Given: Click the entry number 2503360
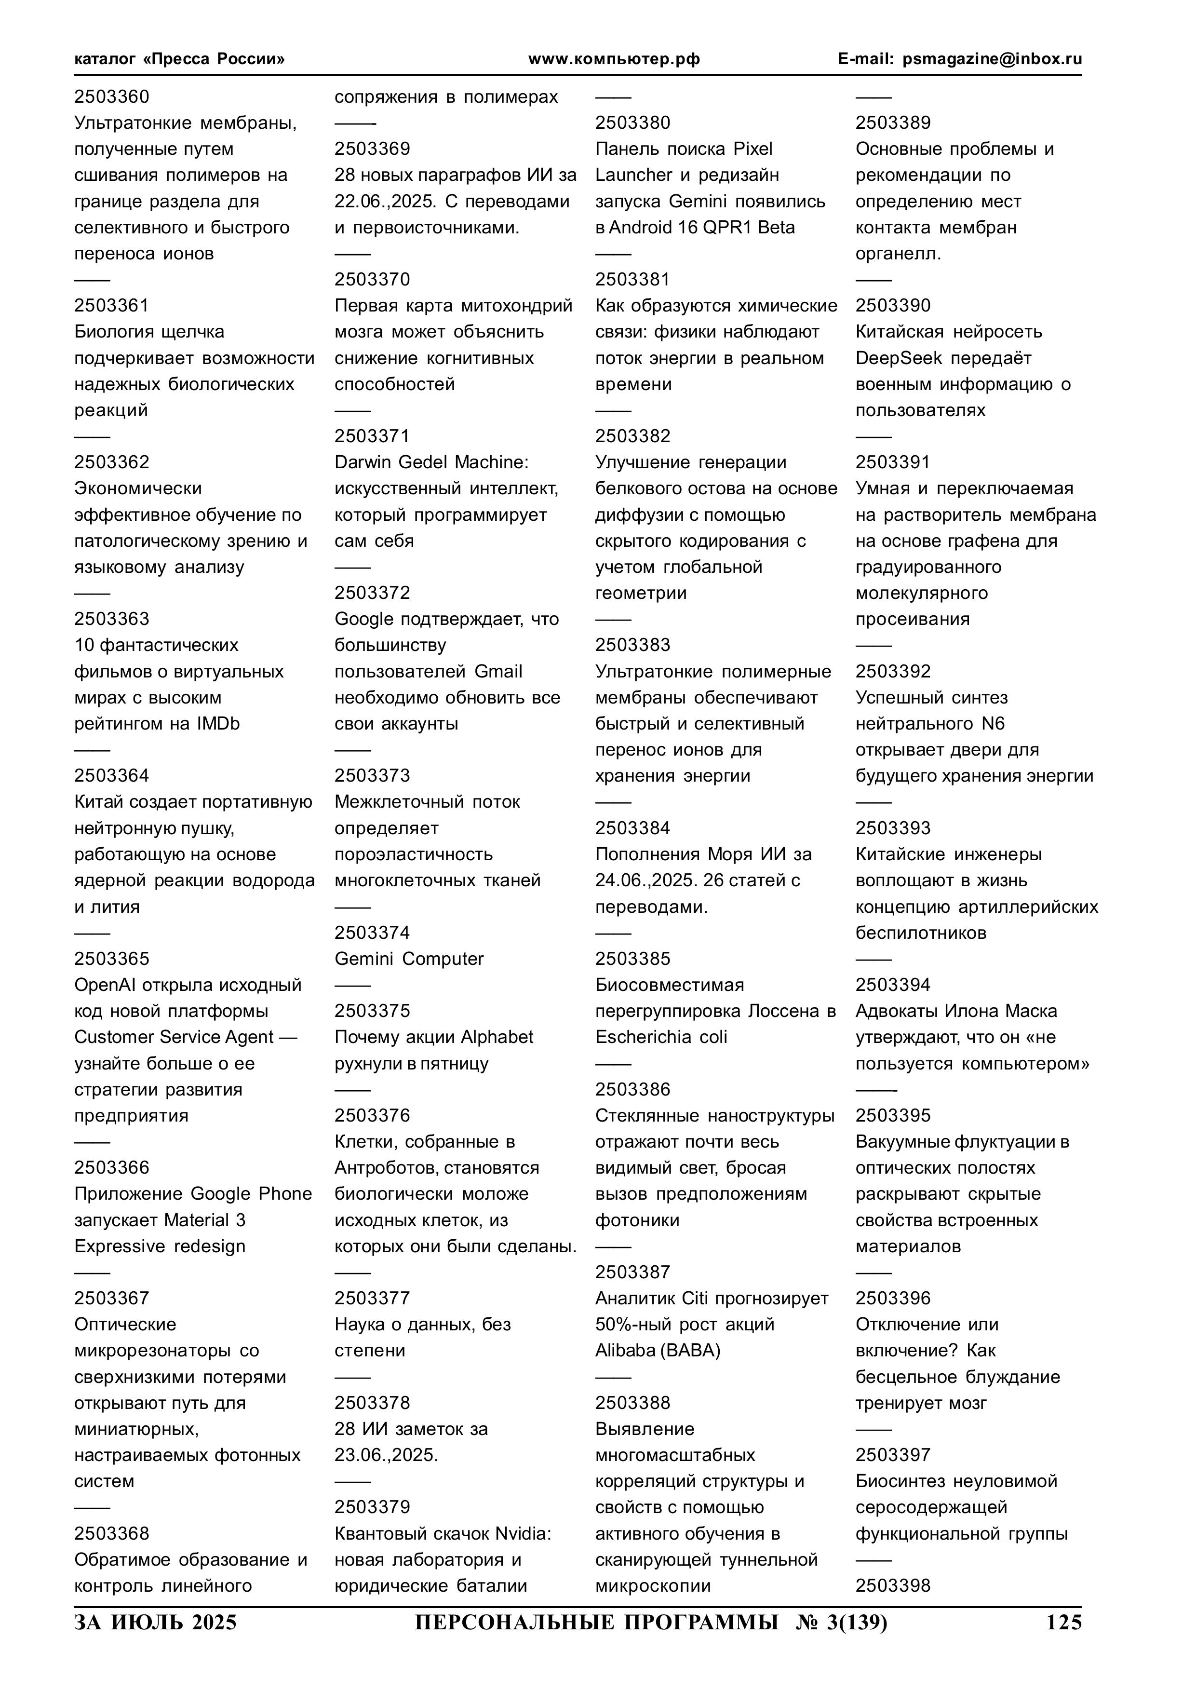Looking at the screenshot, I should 111,96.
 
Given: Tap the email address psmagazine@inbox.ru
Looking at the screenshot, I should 992,59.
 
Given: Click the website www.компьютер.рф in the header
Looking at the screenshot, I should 614,59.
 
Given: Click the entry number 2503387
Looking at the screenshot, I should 632,1272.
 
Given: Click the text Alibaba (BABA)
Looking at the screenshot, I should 658,1350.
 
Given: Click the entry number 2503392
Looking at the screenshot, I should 892,671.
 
